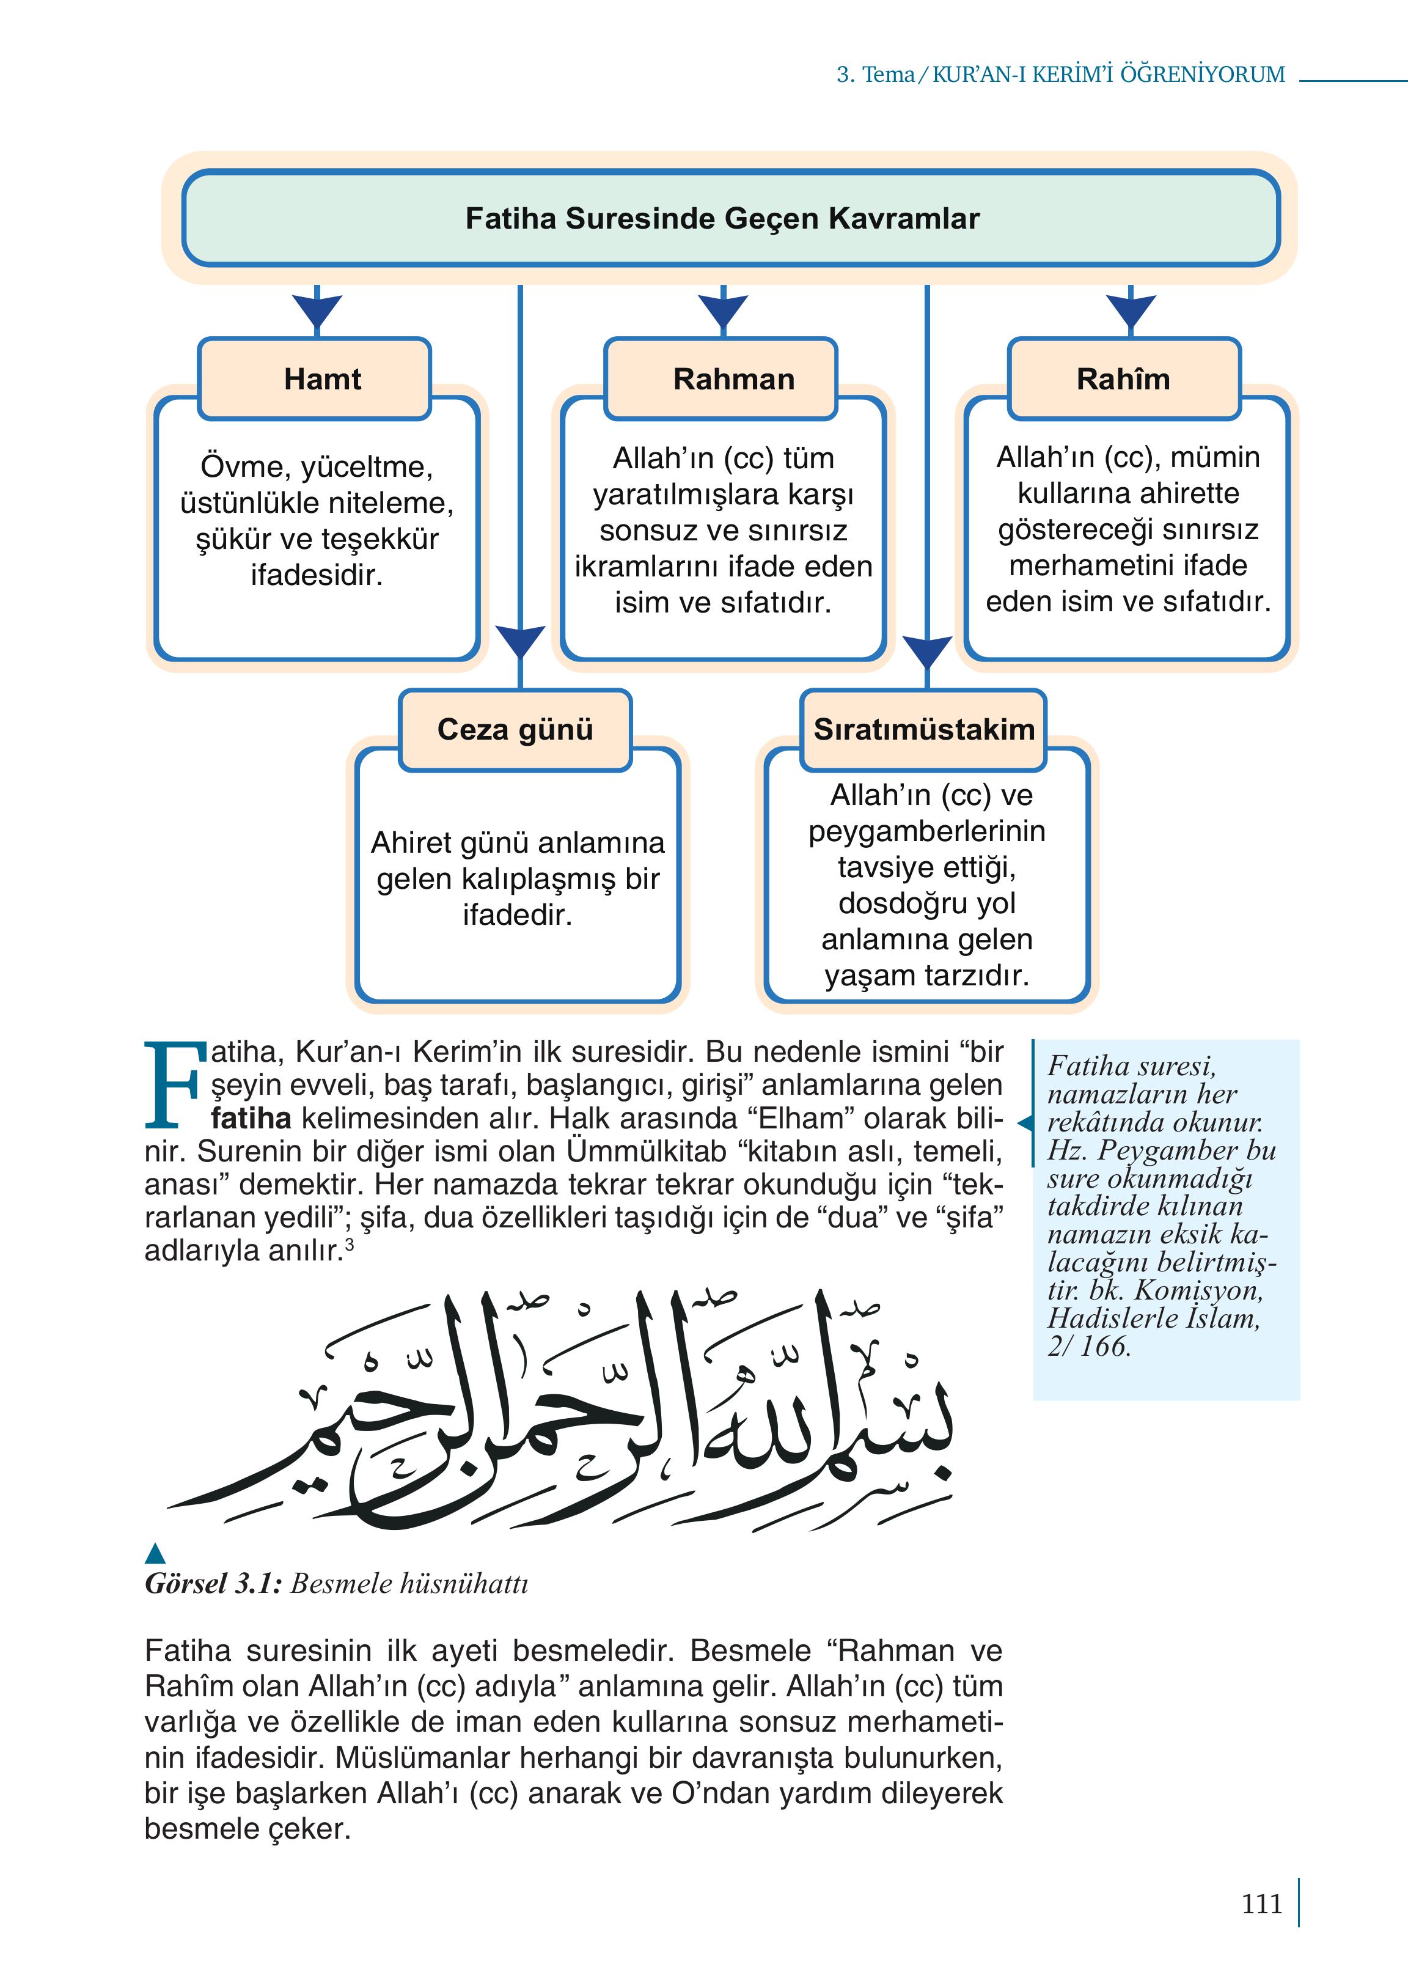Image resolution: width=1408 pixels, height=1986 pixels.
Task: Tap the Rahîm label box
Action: tap(1124, 379)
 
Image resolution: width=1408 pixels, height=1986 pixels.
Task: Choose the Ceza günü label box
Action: tap(515, 729)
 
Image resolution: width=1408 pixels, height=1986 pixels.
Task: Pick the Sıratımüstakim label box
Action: tap(923, 729)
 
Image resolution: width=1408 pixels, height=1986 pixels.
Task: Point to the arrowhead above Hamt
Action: tap(317, 311)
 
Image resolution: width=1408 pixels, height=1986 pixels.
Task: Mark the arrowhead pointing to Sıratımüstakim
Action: tap(927, 652)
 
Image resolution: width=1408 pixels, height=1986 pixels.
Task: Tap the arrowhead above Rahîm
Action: tap(1131, 311)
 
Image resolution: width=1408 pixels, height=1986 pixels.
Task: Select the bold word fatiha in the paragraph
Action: tap(251, 1119)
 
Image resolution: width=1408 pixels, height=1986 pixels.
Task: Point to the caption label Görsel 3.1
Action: tap(213, 1584)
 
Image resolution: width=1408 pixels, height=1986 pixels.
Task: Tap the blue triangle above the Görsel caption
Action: tap(155, 1553)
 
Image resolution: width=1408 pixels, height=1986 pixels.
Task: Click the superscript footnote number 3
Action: tap(350, 1245)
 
